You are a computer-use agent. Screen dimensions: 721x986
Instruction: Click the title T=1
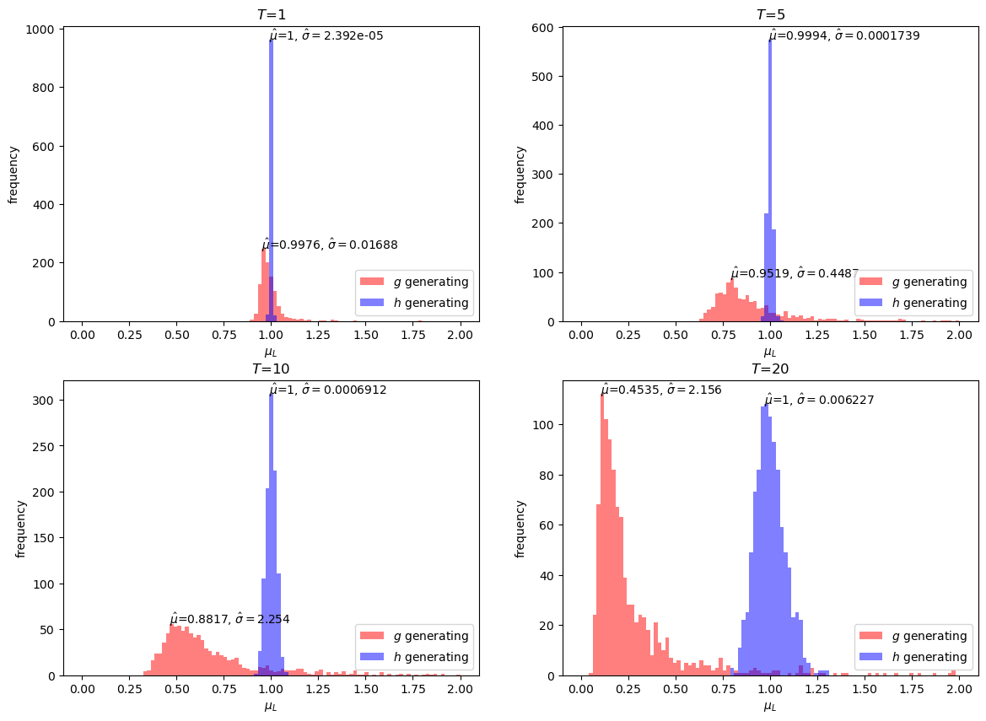coord(271,15)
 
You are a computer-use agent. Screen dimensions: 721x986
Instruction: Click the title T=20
coord(770,369)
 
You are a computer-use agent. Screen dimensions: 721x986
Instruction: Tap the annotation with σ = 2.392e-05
coord(326,36)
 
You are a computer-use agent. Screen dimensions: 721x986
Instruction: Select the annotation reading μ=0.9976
coord(329,245)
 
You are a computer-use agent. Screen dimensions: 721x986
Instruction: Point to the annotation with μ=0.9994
coord(844,36)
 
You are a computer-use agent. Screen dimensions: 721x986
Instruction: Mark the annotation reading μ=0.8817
coord(229,619)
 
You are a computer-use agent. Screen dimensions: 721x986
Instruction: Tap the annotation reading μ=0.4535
coord(660,390)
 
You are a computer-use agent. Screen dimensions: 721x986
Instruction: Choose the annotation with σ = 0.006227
coord(819,401)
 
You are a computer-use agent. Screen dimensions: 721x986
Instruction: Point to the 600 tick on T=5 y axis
coord(544,28)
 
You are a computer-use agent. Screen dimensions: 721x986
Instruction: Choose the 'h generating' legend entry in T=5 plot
coord(913,303)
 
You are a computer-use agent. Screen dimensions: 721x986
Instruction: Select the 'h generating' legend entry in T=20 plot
coord(913,657)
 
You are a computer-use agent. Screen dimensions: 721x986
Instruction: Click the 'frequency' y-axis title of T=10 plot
coord(20,529)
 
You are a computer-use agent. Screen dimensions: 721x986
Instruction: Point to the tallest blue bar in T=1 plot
coord(271,169)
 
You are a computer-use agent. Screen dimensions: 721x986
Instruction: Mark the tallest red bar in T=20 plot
coord(601,531)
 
